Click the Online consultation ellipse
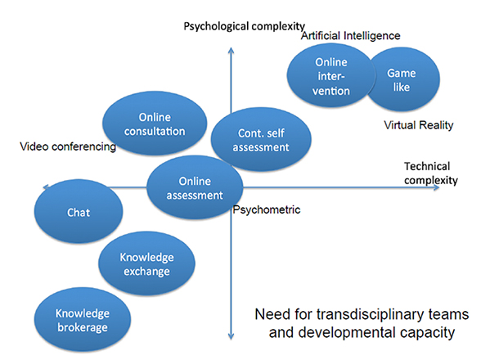tap(155, 123)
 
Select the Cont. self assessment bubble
tap(261, 139)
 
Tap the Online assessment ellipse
tap(195, 187)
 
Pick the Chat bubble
tap(79, 211)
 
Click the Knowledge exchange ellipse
tap(146, 263)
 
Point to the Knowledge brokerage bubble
tap(83, 319)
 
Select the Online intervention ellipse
tap(331, 75)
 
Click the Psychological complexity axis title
tap(244, 26)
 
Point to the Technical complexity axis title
tap(430, 173)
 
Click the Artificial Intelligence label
tap(351, 36)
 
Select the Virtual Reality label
tap(419, 125)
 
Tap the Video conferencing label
tap(68, 146)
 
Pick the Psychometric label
tap(267, 210)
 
